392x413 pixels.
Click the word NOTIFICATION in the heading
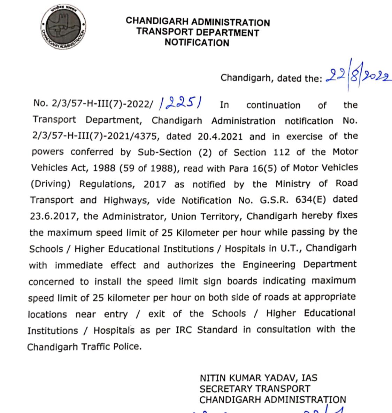point(197,43)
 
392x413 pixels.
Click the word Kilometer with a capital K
point(195,233)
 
